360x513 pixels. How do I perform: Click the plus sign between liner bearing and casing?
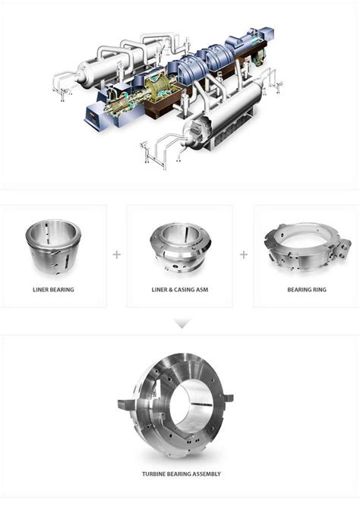coord(116,254)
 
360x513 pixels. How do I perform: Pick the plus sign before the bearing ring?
coord(243,254)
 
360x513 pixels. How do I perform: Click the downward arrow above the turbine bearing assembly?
coord(180,323)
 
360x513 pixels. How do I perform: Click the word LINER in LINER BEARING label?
coord(42,290)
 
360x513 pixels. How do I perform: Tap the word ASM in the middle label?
coord(204,290)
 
